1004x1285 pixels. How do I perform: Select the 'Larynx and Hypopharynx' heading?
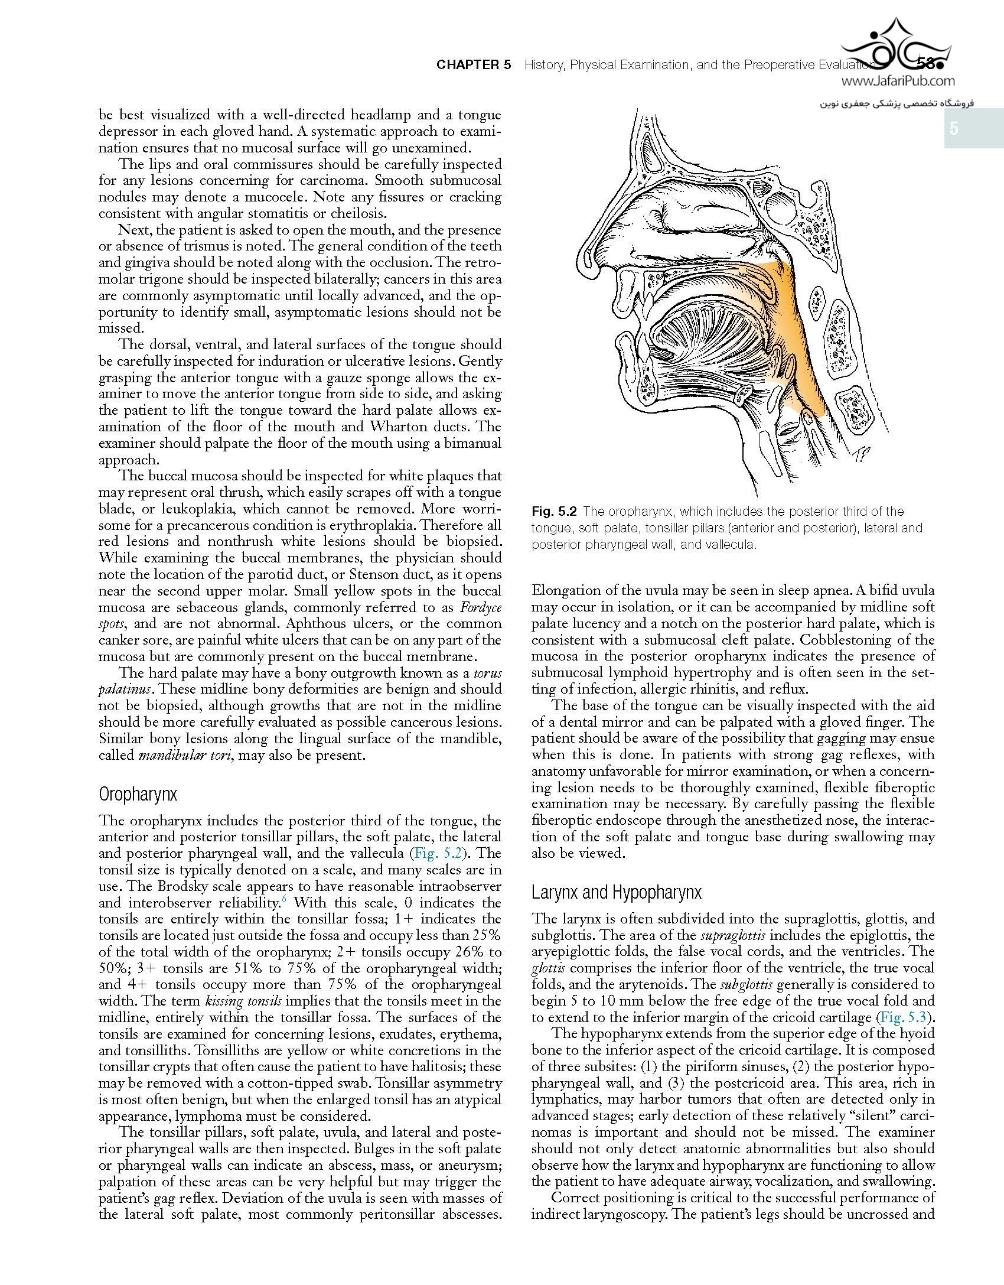point(616,892)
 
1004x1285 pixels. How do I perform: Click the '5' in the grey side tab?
point(954,129)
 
